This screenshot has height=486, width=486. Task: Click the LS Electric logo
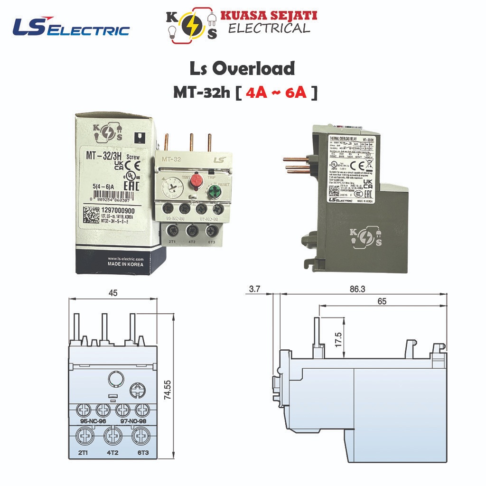tap(71, 28)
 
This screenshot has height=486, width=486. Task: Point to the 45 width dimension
tap(113, 293)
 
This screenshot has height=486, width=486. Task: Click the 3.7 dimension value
tap(256, 288)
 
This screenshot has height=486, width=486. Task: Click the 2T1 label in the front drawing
tap(84, 453)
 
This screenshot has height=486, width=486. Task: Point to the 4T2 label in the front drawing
tap(112, 453)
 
